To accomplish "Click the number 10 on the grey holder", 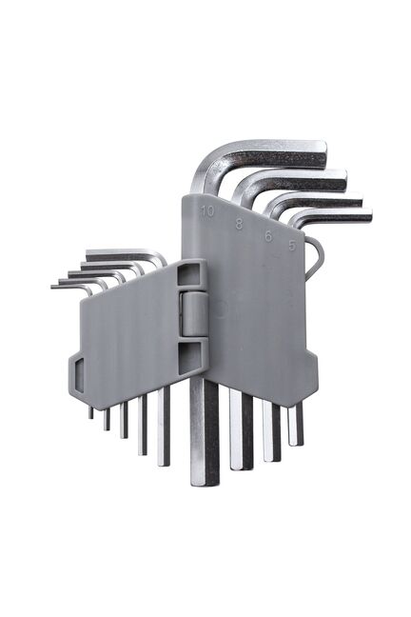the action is pyautogui.click(x=207, y=211).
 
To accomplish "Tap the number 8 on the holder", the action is pyautogui.click(x=239, y=224).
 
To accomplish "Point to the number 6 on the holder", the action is pyautogui.click(x=268, y=236).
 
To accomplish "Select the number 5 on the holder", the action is pyautogui.click(x=292, y=246).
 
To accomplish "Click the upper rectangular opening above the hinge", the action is pyautogui.click(x=188, y=274).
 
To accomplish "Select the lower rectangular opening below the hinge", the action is pyautogui.click(x=189, y=358).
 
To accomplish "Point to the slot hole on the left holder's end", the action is pyautogui.click(x=79, y=375).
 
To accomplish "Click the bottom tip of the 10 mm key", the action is pyautogui.click(x=205, y=484).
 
